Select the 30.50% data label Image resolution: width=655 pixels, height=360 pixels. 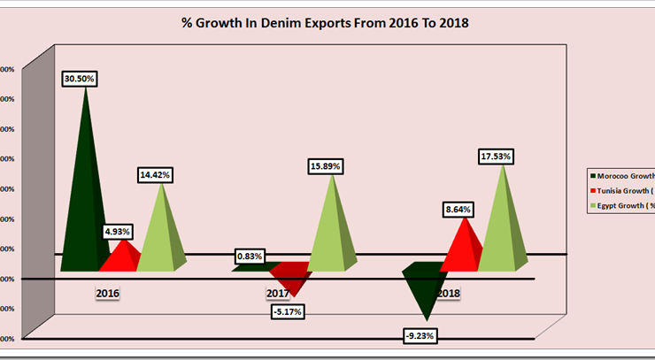80,79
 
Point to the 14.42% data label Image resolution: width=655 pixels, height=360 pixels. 156,175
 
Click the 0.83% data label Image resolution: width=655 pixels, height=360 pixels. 249,257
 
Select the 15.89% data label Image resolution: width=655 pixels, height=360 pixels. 326,165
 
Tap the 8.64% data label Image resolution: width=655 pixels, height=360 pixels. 458,210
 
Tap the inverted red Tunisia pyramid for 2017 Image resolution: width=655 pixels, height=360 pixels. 290,278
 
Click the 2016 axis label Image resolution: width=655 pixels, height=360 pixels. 108,292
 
